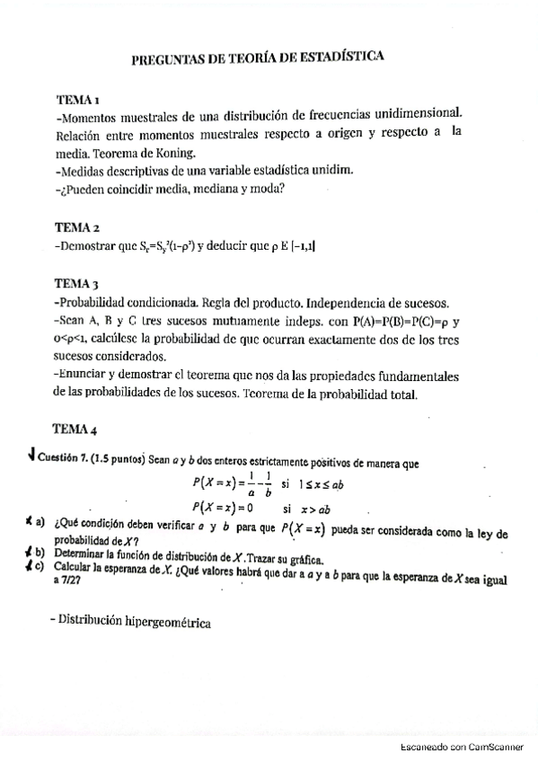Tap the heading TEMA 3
[x=76, y=282]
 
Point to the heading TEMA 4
[x=76, y=428]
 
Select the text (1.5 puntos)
[x=119, y=460]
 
